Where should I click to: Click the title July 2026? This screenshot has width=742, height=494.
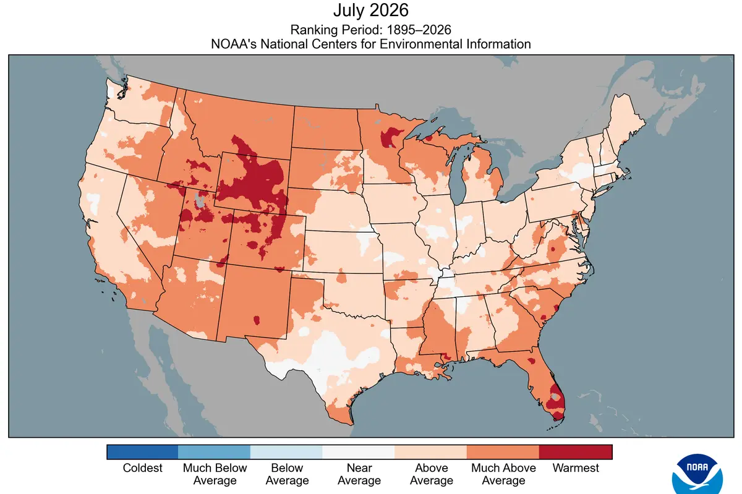coord(370,11)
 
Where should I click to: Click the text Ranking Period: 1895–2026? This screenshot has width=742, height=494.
coord(370,30)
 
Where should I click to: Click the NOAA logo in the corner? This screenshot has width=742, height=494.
coord(697,474)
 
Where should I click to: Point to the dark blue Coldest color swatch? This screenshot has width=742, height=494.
coord(142,452)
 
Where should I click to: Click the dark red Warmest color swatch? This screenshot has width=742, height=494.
coord(576,452)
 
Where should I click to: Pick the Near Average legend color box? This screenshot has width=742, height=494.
coord(359,452)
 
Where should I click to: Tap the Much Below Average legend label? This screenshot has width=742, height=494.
coord(215,474)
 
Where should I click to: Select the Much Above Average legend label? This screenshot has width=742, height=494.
coord(503,474)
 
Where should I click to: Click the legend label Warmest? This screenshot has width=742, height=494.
coord(576,468)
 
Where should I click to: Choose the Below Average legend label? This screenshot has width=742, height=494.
coord(287,474)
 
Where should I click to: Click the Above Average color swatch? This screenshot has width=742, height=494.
coord(431,452)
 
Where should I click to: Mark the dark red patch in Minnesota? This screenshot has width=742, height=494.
coord(390,137)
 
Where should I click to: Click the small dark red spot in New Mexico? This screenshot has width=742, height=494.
coord(257,320)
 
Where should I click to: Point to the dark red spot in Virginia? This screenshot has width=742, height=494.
coord(553,249)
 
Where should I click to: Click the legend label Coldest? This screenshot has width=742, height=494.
coord(142,468)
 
